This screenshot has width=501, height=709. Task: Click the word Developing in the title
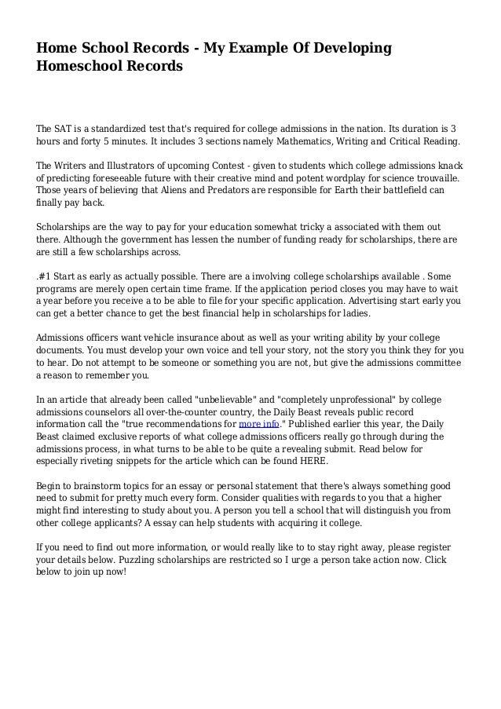353,49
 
